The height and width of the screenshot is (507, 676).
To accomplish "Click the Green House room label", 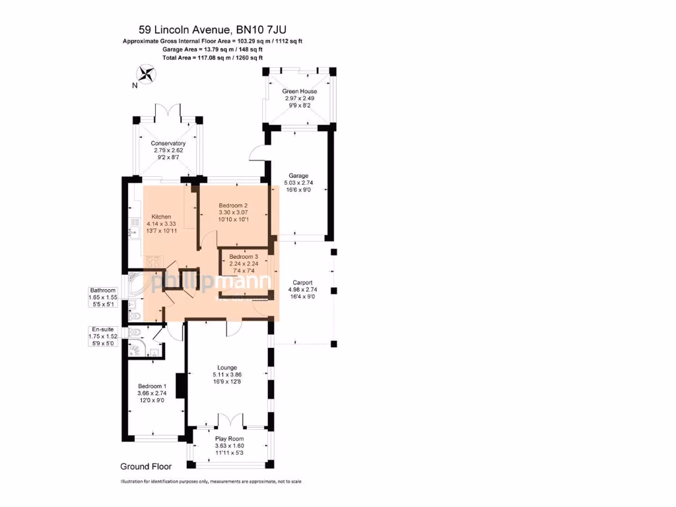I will [x=300, y=91].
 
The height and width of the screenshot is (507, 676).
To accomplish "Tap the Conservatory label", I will [x=168, y=143].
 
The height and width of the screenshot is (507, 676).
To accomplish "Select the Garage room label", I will [x=298, y=176].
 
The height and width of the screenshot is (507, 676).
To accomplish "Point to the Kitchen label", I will [x=161, y=217].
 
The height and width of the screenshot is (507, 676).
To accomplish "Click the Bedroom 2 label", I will [x=233, y=205].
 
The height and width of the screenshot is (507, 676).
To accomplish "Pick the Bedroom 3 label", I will [x=244, y=256].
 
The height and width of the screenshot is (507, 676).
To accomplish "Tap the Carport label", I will [x=300, y=283].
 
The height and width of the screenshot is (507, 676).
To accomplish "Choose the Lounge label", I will [x=228, y=367].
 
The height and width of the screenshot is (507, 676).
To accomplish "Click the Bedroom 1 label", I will [x=152, y=386].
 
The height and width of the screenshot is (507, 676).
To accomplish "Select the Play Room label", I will [x=229, y=438].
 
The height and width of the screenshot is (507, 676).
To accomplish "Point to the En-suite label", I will [x=102, y=329].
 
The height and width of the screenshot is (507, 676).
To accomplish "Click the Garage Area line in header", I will [x=213, y=50].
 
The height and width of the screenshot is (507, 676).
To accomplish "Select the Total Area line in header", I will [x=213, y=58].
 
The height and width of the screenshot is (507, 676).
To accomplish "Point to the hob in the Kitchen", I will [x=154, y=261].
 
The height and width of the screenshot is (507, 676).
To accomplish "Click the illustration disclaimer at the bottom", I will [x=211, y=482].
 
